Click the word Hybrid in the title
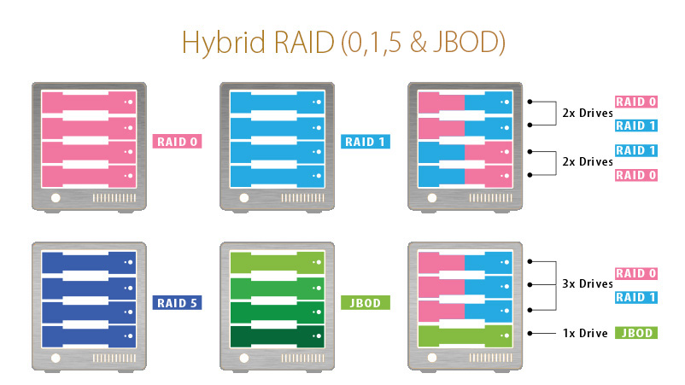tap(223, 43)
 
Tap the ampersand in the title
tap(419, 43)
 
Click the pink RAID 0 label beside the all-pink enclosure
tap(177, 142)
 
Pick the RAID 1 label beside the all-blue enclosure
tap(366, 142)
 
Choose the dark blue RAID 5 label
tap(177, 302)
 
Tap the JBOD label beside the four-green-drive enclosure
tap(366, 302)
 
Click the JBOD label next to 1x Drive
tap(636, 333)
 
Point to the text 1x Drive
tap(585, 334)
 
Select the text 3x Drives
tap(588, 283)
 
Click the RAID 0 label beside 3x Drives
tap(636, 274)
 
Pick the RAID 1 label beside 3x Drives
tap(636, 297)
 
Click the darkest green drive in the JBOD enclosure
tap(277, 336)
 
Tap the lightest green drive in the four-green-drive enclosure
tap(277, 263)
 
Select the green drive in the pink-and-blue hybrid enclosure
tap(465, 336)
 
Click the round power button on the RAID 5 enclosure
tap(56, 359)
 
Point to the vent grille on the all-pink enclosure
tap(114, 198)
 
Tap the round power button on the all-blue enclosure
tap(243, 198)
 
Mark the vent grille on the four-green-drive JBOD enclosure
tap(302, 359)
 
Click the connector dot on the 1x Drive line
tap(530, 334)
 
